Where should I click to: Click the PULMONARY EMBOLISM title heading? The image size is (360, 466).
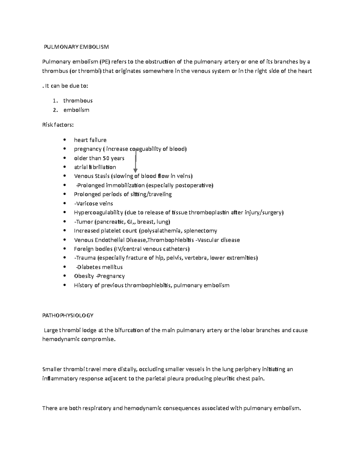[x=76, y=47]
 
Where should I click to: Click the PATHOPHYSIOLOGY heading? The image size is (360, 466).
[x=68, y=315]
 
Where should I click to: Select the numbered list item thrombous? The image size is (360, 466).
[x=78, y=101]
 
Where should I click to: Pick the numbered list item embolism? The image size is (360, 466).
[x=76, y=110]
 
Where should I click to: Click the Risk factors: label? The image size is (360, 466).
[x=58, y=125]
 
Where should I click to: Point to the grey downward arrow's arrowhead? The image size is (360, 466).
[x=135, y=171]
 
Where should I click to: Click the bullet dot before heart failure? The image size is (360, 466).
[x=64, y=140]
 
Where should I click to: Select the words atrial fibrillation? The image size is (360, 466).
[x=95, y=167]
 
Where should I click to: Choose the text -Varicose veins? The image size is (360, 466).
[x=93, y=203]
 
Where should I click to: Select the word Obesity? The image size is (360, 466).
[x=84, y=276]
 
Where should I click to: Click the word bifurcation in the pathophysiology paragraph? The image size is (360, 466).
[x=124, y=330]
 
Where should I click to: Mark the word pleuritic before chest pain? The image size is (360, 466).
[x=223, y=378]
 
